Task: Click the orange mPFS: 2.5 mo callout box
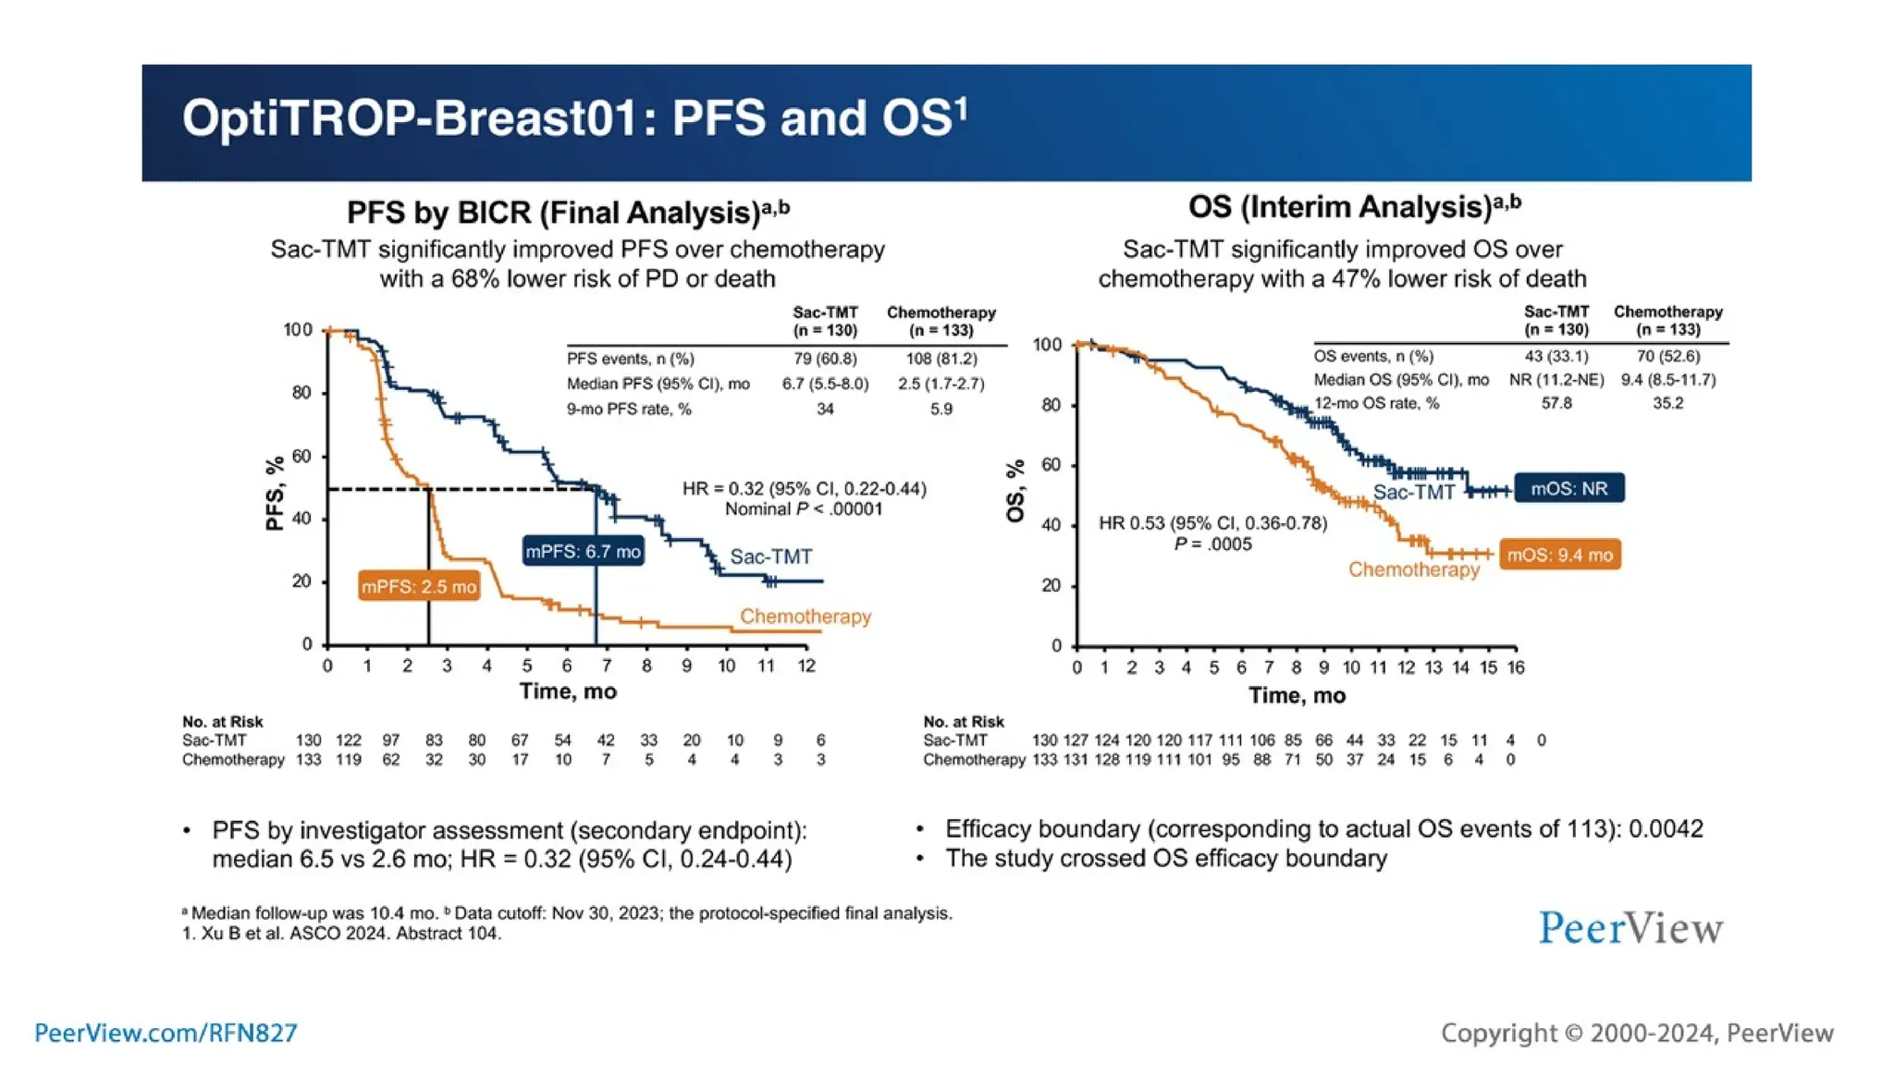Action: pyautogui.click(x=419, y=586)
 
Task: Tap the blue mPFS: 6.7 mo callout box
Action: pyautogui.click(x=583, y=552)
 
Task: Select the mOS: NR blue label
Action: pyautogui.click(x=1568, y=488)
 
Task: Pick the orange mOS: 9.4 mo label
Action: pyautogui.click(x=1559, y=555)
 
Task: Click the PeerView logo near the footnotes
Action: pyautogui.click(x=1630, y=927)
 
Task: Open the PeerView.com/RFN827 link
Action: pyautogui.click(x=166, y=1033)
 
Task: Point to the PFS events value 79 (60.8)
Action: pyautogui.click(x=825, y=359)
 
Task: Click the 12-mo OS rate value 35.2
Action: pyautogui.click(x=1667, y=403)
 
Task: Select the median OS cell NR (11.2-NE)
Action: pyautogui.click(x=1556, y=380)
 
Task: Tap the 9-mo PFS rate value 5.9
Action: pyautogui.click(x=941, y=409)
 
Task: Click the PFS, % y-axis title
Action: pyautogui.click(x=274, y=494)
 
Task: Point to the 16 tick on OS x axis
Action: pyautogui.click(x=1515, y=667)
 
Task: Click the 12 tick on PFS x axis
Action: pyautogui.click(x=806, y=666)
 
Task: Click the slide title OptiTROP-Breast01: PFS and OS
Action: pyautogui.click(x=573, y=118)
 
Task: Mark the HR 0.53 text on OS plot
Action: pyautogui.click(x=1212, y=523)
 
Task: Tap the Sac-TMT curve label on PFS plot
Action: pyautogui.click(x=770, y=557)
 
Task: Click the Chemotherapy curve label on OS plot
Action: pyautogui.click(x=1413, y=569)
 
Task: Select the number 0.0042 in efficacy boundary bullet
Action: pyautogui.click(x=1666, y=828)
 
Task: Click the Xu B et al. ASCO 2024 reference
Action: pyautogui.click(x=342, y=934)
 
